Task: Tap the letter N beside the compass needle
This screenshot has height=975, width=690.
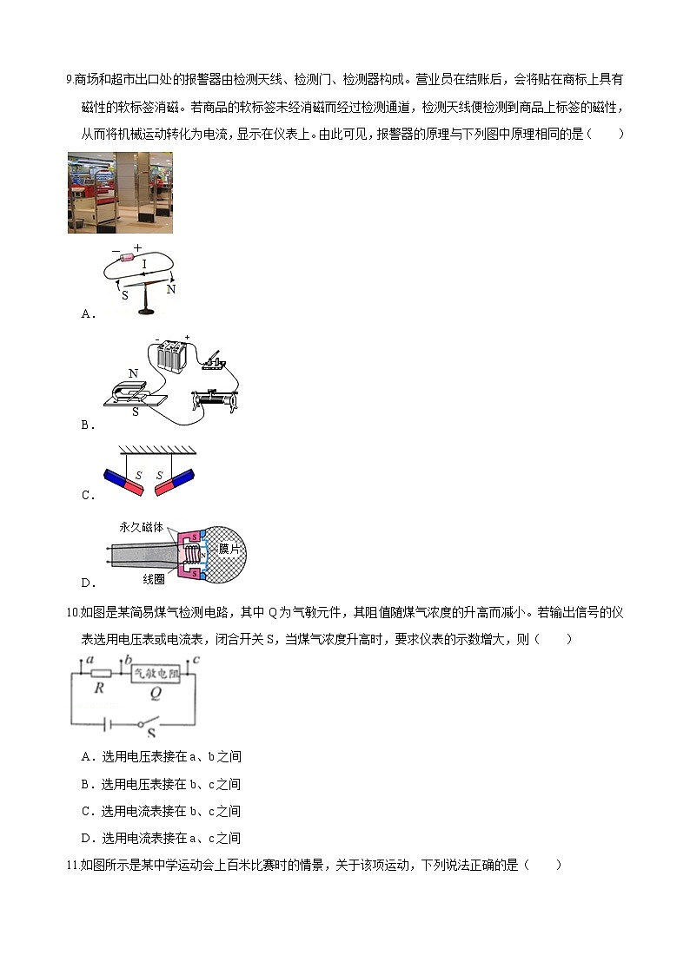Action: [171, 289]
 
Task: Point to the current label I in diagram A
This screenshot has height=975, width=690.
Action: [143, 264]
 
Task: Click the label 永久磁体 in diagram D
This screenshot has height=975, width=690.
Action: [142, 528]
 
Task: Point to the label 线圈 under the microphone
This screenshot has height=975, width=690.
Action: [153, 578]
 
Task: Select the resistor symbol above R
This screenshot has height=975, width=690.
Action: [100, 673]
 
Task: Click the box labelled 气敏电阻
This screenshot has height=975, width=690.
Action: [156, 673]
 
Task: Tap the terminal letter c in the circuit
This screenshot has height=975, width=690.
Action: [196, 661]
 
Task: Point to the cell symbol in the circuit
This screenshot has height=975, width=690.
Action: [108, 722]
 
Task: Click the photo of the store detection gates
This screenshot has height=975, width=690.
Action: [120, 193]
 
